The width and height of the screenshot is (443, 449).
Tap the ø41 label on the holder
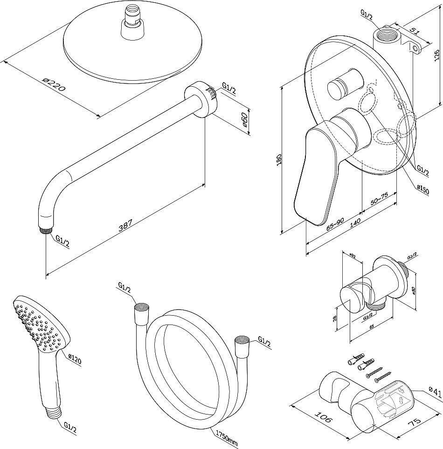tap(435, 392)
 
